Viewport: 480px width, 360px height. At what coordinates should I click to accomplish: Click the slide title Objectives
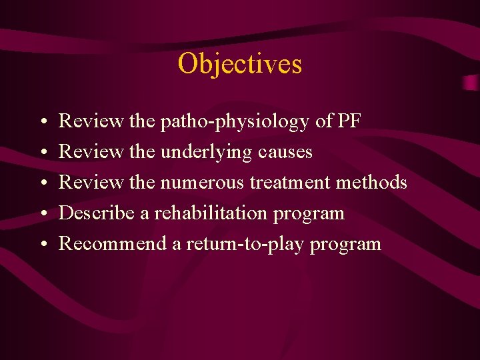point(239,64)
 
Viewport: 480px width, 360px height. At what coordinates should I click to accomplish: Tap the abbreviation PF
point(349,121)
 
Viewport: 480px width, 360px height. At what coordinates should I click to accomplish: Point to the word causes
point(285,153)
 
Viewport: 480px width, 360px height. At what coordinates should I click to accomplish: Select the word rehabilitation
point(210,213)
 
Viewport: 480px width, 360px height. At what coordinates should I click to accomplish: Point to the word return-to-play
point(244,244)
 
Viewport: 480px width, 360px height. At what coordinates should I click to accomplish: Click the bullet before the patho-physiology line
point(43,123)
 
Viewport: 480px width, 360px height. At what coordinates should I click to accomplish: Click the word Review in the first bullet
point(91,121)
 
